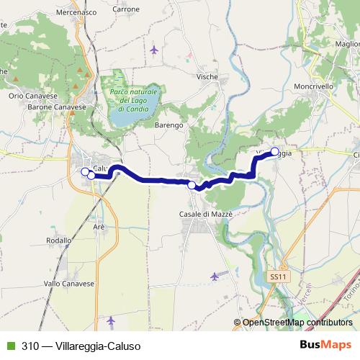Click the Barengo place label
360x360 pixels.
point(169,125)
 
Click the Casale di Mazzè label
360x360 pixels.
point(203,214)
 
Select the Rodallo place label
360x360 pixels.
point(58,240)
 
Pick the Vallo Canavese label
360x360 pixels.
point(69,284)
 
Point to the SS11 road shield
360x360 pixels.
point(279,276)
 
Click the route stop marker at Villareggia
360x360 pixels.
point(274,151)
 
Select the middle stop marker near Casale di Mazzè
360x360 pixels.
point(192,186)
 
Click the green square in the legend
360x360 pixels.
point(9,346)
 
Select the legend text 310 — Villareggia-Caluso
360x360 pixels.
point(81,346)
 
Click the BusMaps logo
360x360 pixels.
point(325,345)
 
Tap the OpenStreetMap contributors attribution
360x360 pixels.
point(297,323)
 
